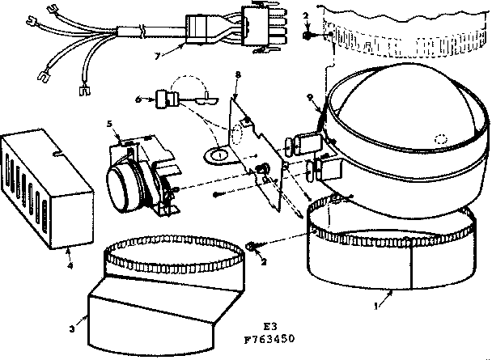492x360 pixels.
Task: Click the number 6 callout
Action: pyautogui.click(x=138, y=99)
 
